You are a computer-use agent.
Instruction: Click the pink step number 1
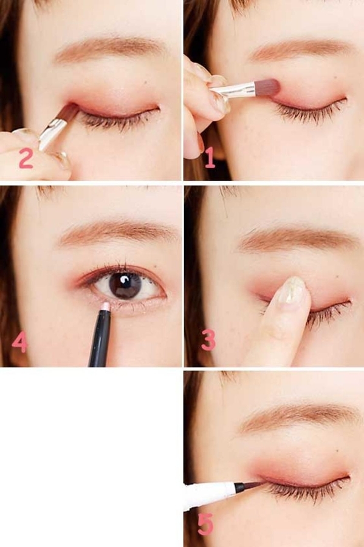click(210, 157)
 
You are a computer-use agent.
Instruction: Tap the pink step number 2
click(26, 158)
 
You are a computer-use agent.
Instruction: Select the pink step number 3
click(208, 339)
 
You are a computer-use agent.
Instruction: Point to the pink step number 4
click(19, 342)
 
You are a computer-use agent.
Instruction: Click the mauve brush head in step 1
click(268, 88)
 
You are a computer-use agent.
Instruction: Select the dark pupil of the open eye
click(125, 284)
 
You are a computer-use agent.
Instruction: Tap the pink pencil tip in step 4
click(105, 307)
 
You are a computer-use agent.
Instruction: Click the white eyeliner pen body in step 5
click(208, 492)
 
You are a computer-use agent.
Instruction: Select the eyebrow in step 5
click(300, 419)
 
